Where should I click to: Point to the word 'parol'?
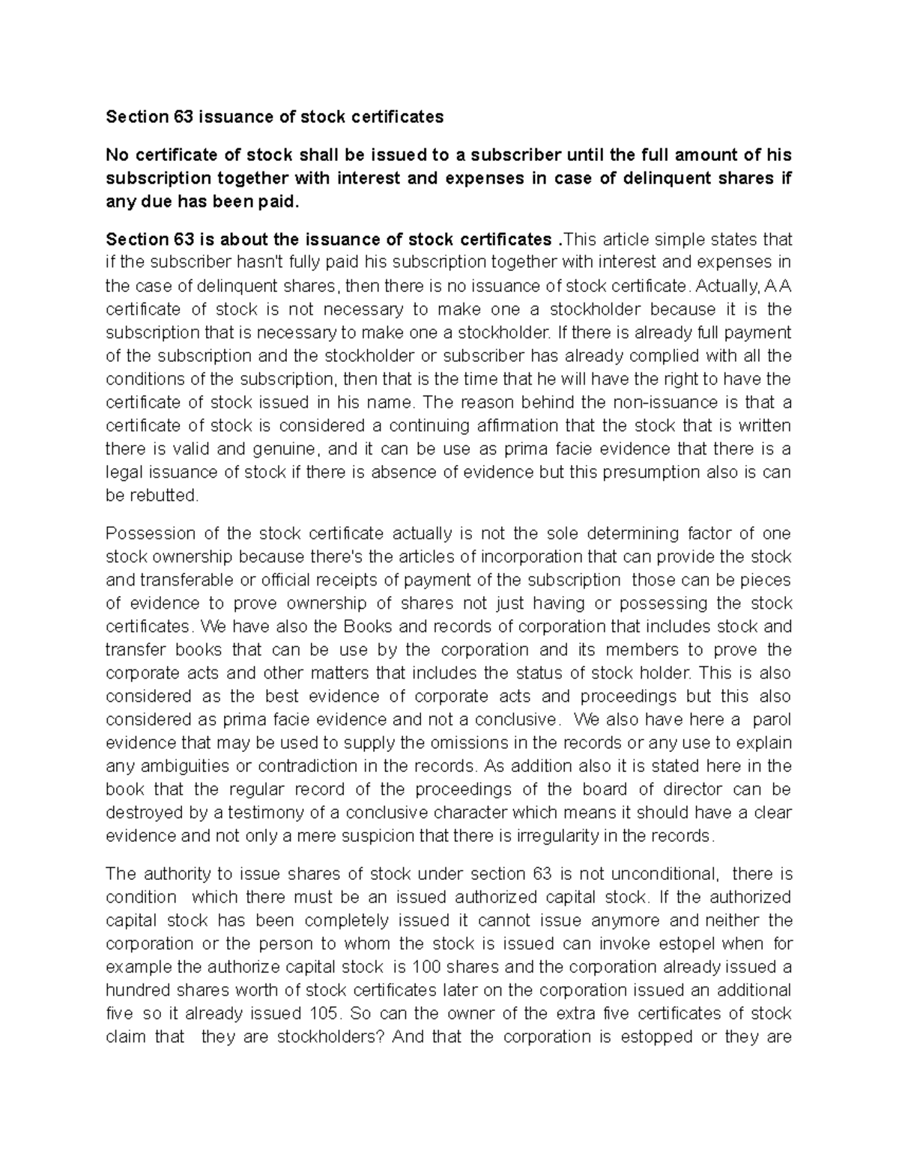pos(772,720)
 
